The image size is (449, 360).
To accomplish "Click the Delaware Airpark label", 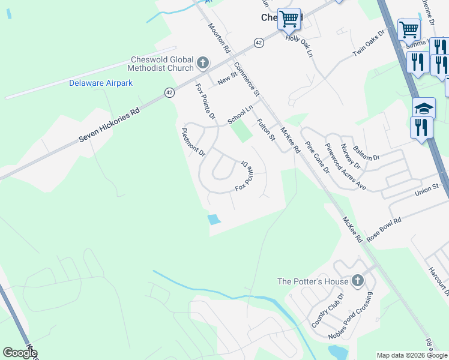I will click(x=100, y=83).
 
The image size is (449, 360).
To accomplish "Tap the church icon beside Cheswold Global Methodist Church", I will click(x=203, y=62).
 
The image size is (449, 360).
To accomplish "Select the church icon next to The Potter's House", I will click(x=357, y=280).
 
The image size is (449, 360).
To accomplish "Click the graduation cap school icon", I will click(x=424, y=108).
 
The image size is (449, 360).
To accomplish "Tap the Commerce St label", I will click(x=246, y=79).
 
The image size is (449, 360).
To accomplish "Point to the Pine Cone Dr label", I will click(x=318, y=157).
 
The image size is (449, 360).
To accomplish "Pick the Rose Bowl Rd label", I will click(x=384, y=228).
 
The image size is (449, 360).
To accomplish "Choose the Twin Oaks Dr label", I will click(x=368, y=43).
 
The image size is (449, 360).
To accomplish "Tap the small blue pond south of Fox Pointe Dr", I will click(x=213, y=220).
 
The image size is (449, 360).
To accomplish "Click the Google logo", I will click(x=20, y=353).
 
